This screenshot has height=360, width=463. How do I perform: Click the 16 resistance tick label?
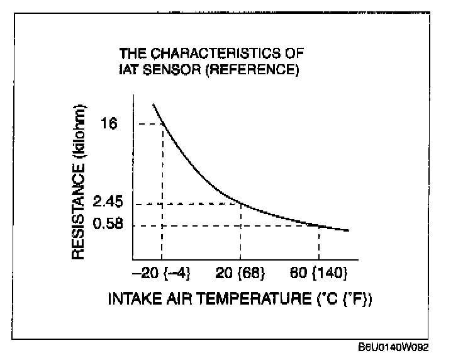(x=109, y=124)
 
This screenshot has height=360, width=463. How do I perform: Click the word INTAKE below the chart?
(x=129, y=298)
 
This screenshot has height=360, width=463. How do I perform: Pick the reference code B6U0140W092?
(x=394, y=347)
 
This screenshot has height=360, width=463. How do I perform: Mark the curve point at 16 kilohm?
(x=163, y=124)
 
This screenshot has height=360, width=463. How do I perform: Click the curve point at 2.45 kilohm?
(x=241, y=203)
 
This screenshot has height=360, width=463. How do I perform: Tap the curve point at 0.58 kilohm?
(x=319, y=225)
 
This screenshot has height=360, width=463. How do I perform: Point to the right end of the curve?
(x=349, y=230)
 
